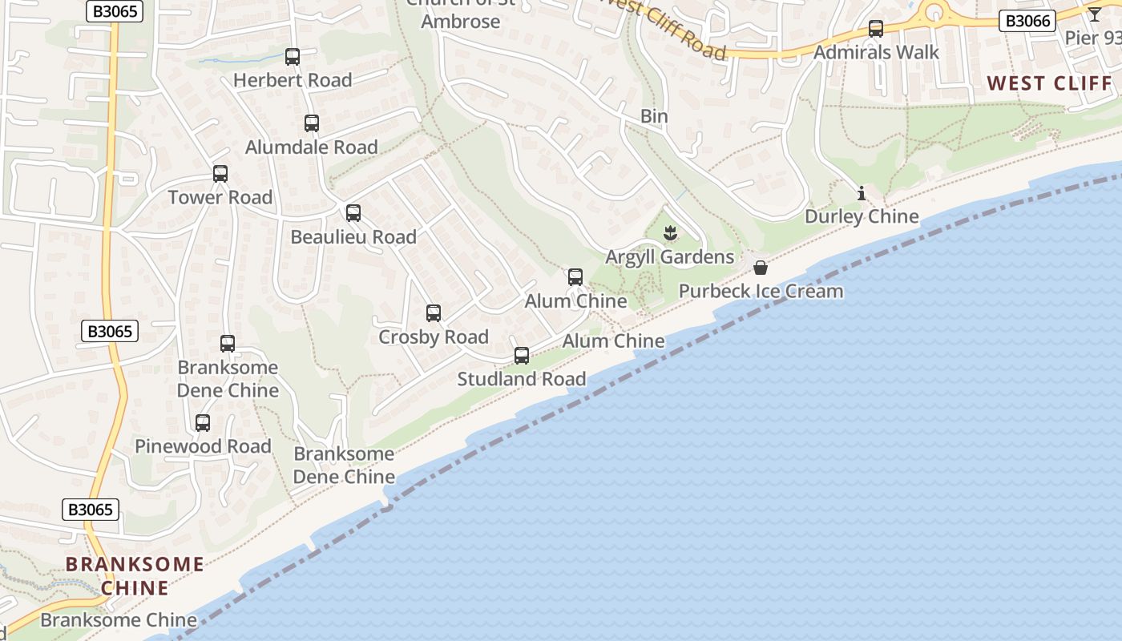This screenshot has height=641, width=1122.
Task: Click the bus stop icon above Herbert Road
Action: tap(293, 57)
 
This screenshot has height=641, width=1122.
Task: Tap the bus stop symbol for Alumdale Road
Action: tap(312, 123)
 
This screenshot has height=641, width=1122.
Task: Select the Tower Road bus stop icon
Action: tap(220, 174)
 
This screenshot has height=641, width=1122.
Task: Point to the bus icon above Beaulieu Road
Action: tap(353, 213)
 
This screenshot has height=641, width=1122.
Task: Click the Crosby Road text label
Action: tap(434, 337)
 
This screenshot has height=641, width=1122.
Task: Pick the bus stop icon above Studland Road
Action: tap(522, 356)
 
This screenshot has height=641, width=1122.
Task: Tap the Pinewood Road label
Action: tap(203, 446)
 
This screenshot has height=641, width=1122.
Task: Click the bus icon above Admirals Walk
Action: tap(876, 29)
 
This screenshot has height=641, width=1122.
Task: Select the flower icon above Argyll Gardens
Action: tap(671, 233)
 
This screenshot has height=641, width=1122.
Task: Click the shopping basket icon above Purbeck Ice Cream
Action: tap(761, 267)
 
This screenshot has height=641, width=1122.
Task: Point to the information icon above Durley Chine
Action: tap(862, 193)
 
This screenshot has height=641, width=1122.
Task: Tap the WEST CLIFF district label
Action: tap(1050, 83)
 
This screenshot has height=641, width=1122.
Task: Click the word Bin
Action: tap(654, 116)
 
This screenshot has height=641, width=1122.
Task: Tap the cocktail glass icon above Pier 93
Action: tap(1095, 14)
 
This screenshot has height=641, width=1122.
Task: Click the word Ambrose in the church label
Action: tap(461, 21)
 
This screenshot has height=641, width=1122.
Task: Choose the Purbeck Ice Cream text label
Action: tap(761, 291)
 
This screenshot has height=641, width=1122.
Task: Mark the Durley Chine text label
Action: tap(862, 216)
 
